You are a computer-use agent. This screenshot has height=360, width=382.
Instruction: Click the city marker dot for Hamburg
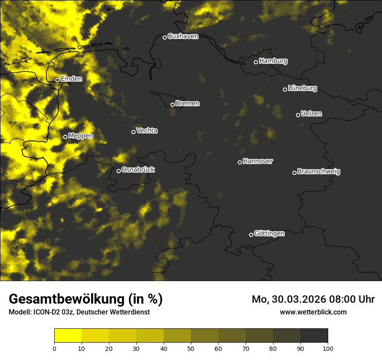[x=256, y=62]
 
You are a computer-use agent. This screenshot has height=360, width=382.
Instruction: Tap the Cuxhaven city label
[x=183, y=36]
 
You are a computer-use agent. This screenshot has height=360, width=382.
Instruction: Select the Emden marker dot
[x=57, y=80]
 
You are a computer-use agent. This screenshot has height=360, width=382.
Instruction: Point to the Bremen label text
[x=188, y=104]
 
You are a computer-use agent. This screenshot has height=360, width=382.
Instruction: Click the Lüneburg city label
[x=302, y=88]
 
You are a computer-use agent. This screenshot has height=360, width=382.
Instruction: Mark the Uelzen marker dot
[x=298, y=115]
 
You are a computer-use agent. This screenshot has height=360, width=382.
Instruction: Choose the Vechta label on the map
[x=147, y=131]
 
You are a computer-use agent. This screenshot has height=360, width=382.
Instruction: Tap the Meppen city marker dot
[x=65, y=137]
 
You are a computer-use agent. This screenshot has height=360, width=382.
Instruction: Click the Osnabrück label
[x=138, y=170]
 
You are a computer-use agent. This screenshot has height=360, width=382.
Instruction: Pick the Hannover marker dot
[x=240, y=162]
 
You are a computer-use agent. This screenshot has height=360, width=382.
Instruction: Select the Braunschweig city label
[x=319, y=172]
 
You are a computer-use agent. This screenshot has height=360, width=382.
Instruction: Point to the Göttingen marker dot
[x=251, y=235]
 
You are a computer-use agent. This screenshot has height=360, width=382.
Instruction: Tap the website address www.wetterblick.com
[x=313, y=312]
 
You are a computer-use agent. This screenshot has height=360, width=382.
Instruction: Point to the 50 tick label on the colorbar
[x=191, y=348]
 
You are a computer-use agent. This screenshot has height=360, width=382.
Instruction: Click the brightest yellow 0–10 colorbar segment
[x=68, y=336]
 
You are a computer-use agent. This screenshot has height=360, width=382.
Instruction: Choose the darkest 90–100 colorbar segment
[x=314, y=336]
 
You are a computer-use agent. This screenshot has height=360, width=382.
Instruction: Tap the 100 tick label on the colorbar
[x=328, y=348]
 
